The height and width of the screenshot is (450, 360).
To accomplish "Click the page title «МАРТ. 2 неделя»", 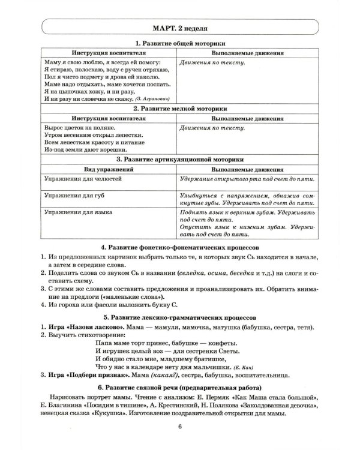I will [180, 28].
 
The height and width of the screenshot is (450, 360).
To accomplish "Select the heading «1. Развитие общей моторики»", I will [179, 44].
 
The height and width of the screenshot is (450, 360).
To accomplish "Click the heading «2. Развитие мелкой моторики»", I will [179, 109].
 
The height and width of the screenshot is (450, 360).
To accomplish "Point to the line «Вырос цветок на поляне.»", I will [78, 127].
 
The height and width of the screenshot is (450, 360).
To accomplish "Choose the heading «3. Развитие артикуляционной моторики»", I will [179, 160].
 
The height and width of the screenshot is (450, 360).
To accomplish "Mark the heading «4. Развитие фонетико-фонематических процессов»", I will [179, 247].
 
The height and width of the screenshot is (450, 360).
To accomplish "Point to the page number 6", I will [180, 443].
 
